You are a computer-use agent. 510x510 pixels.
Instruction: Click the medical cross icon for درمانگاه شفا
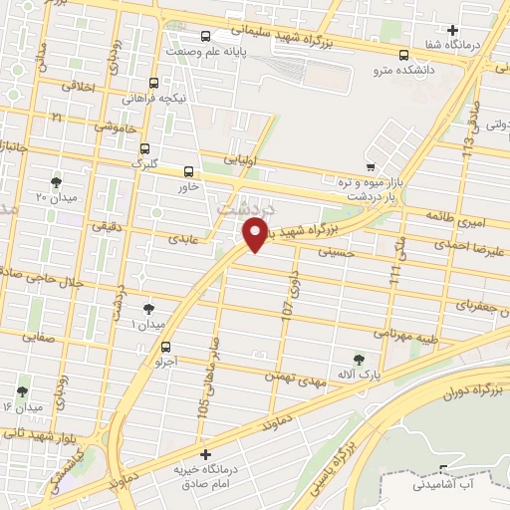[x=453, y=30]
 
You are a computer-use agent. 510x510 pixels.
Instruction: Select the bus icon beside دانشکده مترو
[x=403, y=56]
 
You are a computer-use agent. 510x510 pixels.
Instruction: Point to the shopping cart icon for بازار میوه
[x=370, y=166]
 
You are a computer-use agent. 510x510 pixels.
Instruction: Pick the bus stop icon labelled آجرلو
[x=166, y=348]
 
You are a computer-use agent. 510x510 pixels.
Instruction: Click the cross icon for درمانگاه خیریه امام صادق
[x=206, y=454]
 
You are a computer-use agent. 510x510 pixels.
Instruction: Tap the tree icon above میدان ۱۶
[x=22, y=391]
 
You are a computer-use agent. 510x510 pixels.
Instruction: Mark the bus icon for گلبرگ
[x=144, y=146]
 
